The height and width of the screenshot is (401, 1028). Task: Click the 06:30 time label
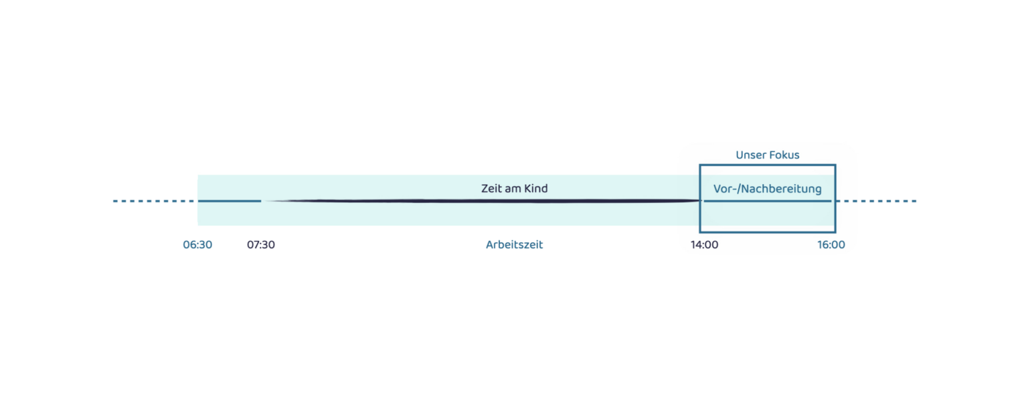(197, 244)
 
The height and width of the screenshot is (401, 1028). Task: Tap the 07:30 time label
(260, 244)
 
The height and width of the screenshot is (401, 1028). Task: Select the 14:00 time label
(705, 244)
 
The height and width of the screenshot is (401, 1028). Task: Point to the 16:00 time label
(831, 244)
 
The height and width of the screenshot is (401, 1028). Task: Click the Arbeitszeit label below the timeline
(514, 244)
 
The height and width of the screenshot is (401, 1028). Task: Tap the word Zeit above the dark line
(491, 188)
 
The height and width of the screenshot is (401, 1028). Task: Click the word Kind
(535, 188)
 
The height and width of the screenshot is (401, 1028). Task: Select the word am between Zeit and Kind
(513, 189)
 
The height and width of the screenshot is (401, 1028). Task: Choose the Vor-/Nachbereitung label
(768, 189)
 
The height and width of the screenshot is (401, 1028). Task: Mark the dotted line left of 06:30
(154, 201)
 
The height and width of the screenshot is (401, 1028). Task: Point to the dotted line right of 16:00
(876, 201)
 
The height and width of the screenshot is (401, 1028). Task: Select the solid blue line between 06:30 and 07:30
(230, 201)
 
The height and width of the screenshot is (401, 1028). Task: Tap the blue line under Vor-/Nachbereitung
(768, 201)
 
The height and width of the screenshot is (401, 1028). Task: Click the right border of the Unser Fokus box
(835, 199)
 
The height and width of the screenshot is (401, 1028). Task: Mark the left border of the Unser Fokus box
(700, 199)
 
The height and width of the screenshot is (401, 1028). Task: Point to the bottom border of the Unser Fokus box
(768, 232)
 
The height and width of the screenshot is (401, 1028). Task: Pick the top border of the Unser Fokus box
(768, 165)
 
